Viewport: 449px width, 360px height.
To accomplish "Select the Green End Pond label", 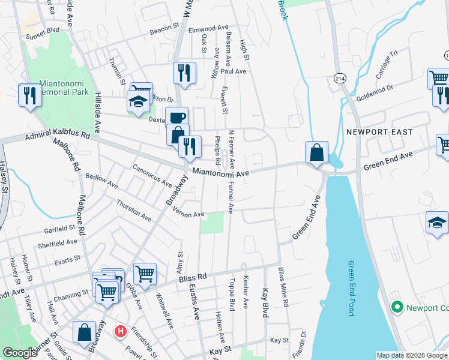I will pyautogui.click(x=351, y=288).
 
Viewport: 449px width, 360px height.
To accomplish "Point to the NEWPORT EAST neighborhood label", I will pyautogui.click(x=379, y=132).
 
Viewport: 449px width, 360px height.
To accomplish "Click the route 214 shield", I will pyautogui.click(x=339, y=78).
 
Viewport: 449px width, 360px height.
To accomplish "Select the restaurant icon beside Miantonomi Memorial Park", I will pyautogui.click(x=29, y=95).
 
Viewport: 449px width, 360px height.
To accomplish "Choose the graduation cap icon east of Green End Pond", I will pyautogui.click(x=437, y=222).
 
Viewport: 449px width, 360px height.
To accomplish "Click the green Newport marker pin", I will pyautogui.click(x=396, y=308).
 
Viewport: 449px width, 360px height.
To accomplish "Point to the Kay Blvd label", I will pyautogui.click(x=264, y=303).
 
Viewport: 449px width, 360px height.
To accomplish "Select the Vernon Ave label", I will pyautogui.click(x=189, y=212).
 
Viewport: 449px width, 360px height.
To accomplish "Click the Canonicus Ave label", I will pyautogui.click(x=152, y=175).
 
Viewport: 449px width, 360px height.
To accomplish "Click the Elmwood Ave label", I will pyautogui.click(x=209, y=28).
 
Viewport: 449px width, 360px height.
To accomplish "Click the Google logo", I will pyautogui.click(x=20, y=353).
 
